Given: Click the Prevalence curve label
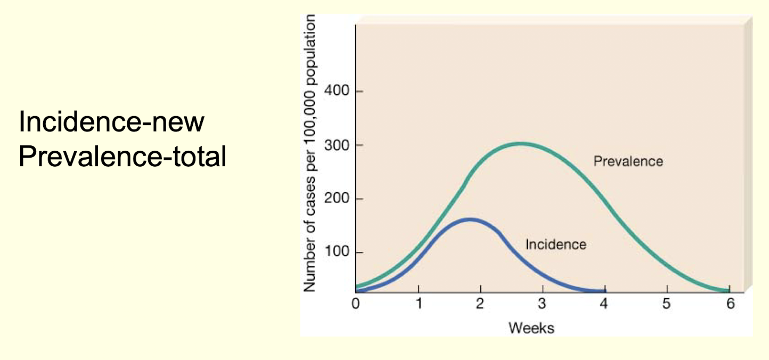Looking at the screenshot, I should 628,161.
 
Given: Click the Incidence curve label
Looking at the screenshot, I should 555,244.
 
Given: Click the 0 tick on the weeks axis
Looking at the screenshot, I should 356,304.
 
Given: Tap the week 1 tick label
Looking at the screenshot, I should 419,304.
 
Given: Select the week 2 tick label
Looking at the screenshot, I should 480,304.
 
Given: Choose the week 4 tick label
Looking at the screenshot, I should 604,304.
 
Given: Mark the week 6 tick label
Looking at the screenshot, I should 730,304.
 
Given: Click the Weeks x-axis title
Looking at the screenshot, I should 531,328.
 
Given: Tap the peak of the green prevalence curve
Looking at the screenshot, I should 521,143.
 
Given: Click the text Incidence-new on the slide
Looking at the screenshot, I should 111,123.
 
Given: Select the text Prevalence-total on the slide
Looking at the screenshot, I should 122,158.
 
